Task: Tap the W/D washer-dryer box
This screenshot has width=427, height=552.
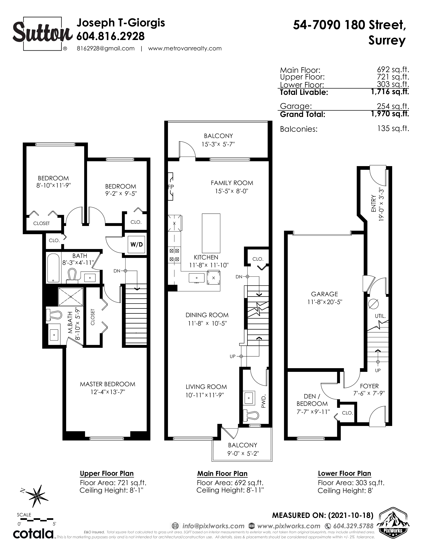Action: click(137, 244)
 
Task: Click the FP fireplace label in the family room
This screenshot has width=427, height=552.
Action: click(171, 187)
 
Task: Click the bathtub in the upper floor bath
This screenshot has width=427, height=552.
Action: click(53, 268)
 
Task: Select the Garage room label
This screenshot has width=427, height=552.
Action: click(324, 294)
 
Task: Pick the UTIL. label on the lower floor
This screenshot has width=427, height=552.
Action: click(380, 316)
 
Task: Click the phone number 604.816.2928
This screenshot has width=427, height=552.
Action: click(111, 36)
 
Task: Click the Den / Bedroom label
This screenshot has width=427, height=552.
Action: click(312, 400)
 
